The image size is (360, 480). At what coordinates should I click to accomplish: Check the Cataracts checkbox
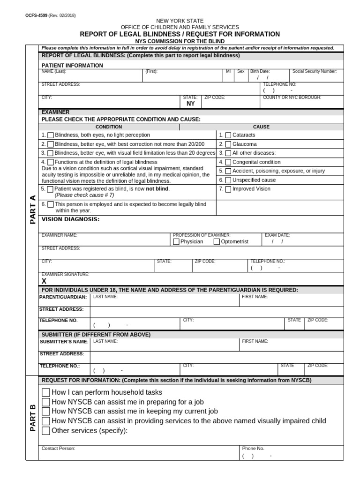pyautogui.click(x=228, y=135)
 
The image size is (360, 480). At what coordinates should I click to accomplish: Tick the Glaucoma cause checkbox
pyautogui.click(x=228, y=144)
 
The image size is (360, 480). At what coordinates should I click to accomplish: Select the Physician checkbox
pyautogui.click(x=176, y=242)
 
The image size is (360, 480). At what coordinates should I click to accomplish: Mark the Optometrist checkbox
pyautogui.click(x=217, y=242)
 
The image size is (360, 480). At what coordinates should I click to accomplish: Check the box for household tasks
pyautogui.click(x=46, y=392)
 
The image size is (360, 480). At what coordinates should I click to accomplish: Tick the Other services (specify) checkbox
pyautogui.click(x=46, y=431)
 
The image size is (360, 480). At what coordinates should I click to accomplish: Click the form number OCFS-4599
pyautogui.click(x=36, y=15)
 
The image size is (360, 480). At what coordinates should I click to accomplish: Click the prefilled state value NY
pyautogui.click(x=191, y=104)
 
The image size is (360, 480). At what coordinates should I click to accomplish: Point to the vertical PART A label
pyautogui.click(x=33, y=210)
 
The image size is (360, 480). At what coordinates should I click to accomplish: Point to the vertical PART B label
pyautogui.click(x=33, y=418)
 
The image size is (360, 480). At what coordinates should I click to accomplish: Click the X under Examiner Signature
pyautogui.click(x=44, y=281)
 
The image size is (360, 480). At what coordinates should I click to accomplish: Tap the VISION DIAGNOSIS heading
pyautogui.click(x=70, y=219)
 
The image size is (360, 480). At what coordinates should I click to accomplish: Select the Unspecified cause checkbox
pyautogui.click(x=228, y=180)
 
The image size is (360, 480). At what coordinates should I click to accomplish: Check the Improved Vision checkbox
pyautogui.click(x=228, y=189)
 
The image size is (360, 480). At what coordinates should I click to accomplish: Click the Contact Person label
pyautogui.click(x=58, y=449)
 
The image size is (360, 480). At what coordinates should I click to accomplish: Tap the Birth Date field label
pyautogui.click(x=260, y=72)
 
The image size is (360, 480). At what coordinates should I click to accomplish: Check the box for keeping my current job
pyautogui.click(x=46, y=412)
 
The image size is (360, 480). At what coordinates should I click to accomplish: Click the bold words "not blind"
pyautogui.click(x=157, y=189)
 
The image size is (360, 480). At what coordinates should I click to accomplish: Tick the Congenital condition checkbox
pyautogui.click(x=228, y=162)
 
